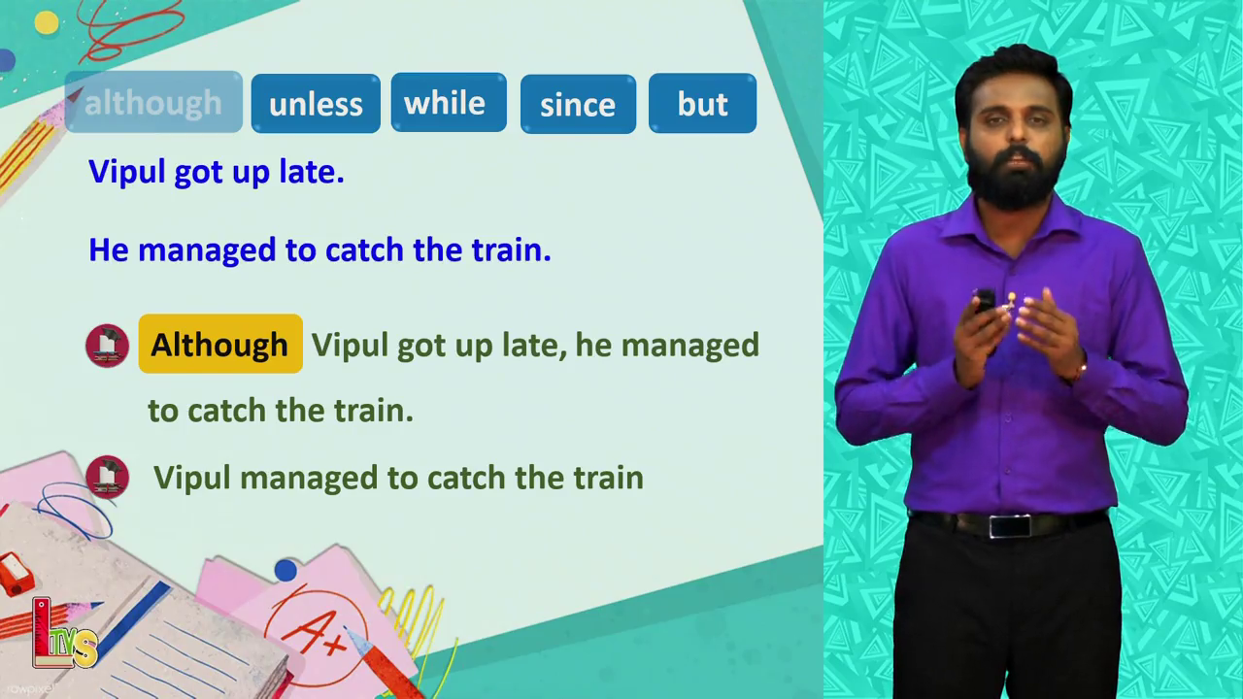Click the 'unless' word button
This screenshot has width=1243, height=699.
tap(316, 104)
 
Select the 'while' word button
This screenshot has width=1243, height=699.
tap(449, 103)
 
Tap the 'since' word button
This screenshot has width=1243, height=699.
tap(578, 104)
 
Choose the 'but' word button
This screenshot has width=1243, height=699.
tap(702, 104)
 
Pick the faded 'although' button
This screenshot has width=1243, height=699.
tap(153, 102)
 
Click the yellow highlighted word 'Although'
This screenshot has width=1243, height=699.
tap(220, 344)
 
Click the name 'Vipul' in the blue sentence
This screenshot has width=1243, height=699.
tap(127, 172)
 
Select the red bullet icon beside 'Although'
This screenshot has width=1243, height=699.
tap(107, 346)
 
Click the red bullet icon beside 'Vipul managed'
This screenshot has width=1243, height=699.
tap(107, 477)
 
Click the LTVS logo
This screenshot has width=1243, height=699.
tap(63, 634)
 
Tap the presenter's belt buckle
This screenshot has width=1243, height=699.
tap(1010, 526)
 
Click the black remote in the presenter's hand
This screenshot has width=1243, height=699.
tap(985, 301)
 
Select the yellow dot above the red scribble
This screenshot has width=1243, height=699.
tap(47, 22)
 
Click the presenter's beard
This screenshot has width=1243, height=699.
tap(1011, 179)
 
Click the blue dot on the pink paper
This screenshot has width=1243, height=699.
tap(286, 570)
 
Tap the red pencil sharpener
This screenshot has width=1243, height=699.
tap(16, 574)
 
